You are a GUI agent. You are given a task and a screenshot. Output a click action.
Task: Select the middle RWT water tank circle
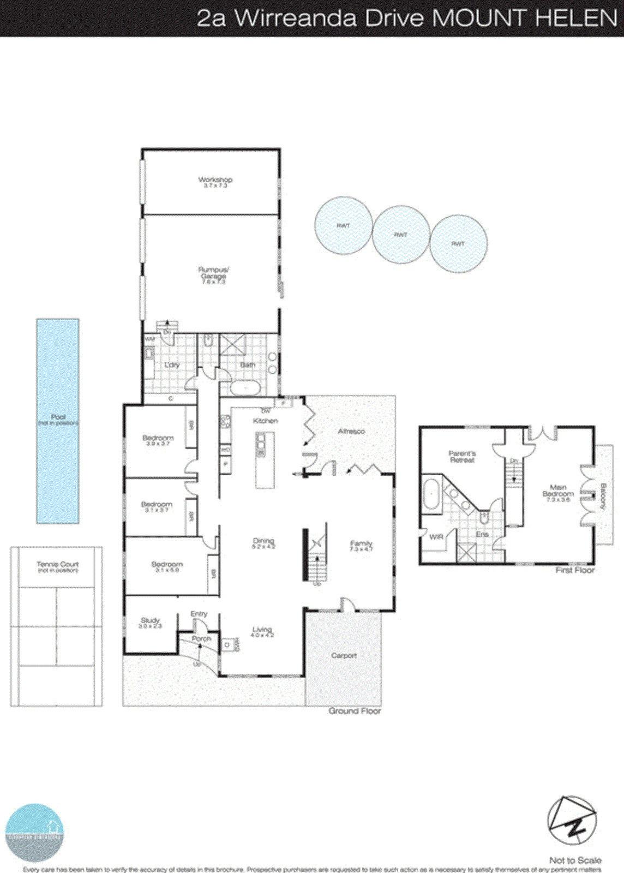(x=401, y=235)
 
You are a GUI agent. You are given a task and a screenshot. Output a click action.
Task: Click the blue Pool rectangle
(x=58, y=421)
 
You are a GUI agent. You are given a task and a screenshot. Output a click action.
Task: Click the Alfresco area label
(x=351, y=431)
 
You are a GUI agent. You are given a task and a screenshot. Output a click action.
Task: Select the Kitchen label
(x=266, y=421)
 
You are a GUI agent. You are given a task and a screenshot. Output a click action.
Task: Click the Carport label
(x=344, y=655)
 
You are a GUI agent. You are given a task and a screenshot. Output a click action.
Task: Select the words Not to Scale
(x=575, y=860)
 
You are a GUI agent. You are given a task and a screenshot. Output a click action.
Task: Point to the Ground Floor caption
(x=355, y=711)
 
